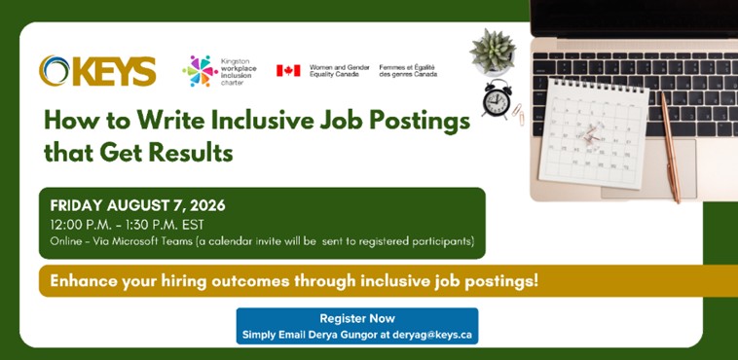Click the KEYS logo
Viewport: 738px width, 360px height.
tap(97, 71)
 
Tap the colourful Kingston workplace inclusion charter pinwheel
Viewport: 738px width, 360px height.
tap(200, 71)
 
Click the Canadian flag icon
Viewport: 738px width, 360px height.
tap(288, 71)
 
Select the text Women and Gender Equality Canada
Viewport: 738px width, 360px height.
tap(340, 71)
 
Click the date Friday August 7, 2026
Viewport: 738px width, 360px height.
tap(138, 205)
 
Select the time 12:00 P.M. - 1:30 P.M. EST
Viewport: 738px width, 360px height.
tap(128, 225)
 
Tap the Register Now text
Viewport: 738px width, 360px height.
tap(357, 318)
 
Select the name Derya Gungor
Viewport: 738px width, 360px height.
tap(350, 335)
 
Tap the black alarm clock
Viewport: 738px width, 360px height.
tap(497, 98)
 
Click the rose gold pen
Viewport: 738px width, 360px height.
tap(670, 147)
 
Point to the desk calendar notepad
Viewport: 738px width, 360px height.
tap(593, 133)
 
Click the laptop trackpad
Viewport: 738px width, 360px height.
tap(648, 168)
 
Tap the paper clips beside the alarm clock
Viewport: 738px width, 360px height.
tap(518, 114)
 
